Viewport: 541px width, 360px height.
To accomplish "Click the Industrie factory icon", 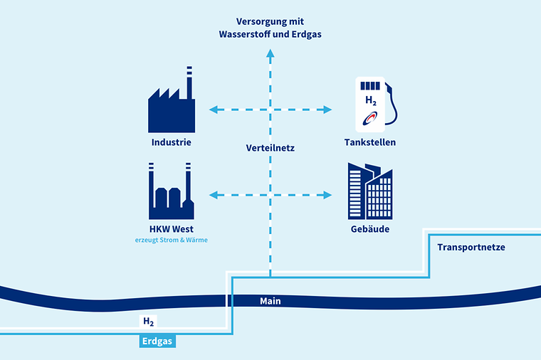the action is click(172, 103).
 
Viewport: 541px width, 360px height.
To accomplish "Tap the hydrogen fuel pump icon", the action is click(374, 105).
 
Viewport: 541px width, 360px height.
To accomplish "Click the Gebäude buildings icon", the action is click(370, 191).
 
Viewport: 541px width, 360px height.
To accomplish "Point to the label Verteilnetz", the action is click(270, 148).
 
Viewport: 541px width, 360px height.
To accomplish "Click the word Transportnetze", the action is click(471, 248).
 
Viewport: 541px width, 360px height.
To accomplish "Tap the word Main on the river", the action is click(270, 301).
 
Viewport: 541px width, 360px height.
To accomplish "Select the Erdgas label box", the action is click(157, 341).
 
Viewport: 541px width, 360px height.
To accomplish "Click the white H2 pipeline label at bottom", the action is click(148, 322).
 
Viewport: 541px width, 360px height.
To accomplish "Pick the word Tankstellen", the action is click(370, 142).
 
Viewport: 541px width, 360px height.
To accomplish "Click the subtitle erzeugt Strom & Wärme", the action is click(172, 240).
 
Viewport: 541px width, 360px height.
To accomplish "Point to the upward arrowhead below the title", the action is click(270, 53).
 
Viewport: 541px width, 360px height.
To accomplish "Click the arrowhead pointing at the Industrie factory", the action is click(214, 110).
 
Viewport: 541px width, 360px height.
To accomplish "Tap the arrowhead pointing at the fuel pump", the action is click(327, 110).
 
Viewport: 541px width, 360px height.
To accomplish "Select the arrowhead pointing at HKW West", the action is click(214, 195).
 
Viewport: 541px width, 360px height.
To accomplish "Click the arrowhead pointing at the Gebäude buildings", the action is click(327, 195).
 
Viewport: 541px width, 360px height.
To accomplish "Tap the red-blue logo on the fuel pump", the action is click(370, 118).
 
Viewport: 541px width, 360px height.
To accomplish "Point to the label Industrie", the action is click(172, 142).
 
